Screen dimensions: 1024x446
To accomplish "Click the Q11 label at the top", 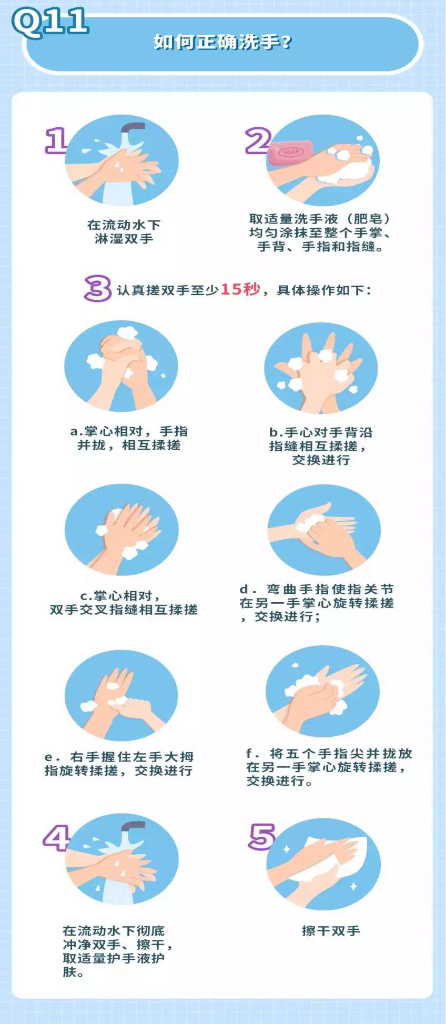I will (50, 22).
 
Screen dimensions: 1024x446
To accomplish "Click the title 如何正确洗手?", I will (222, 42).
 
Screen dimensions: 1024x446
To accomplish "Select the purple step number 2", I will (258, 140).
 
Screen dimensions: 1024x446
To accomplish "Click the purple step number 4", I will (56, 838).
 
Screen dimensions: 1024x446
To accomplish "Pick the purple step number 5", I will (261, 837).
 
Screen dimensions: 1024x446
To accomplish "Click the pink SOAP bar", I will (290, 153).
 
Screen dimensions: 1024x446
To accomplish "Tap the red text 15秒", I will (240, 289).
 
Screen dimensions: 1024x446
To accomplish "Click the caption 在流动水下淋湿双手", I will (124, 231).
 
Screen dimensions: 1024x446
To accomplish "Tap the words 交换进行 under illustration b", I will (321, 460).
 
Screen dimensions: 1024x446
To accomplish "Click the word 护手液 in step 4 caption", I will (128, 958).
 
